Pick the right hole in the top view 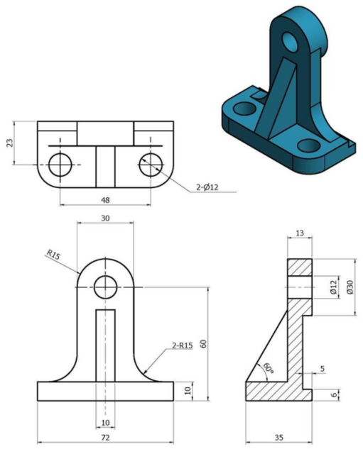pyautogui.click(x=151, y=164)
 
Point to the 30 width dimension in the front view pyautogui.click(x=104, y=218)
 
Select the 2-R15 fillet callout pyautogui.click(x=183, y=346)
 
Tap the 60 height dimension pyautogui.click(x=203, y=343)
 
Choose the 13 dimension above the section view pyautogui.click(x=298, y=233)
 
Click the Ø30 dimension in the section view pyautogui.click(x=348, y=288)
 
